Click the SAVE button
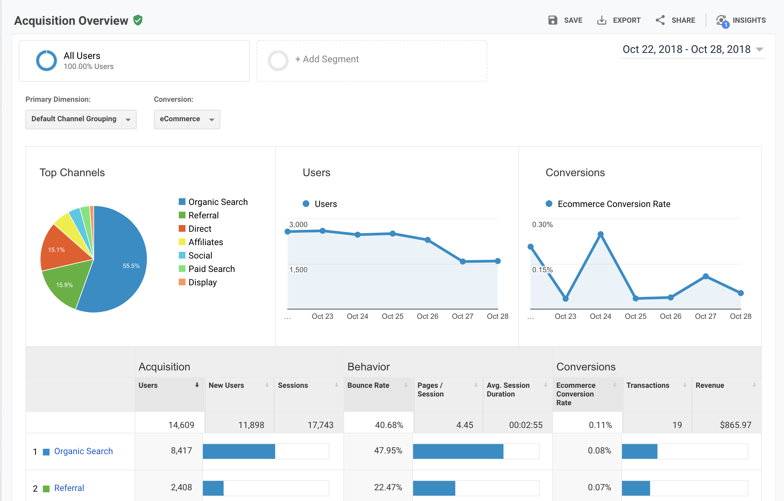click(565, 20)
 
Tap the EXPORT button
click(619, 20)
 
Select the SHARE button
click(675, 20)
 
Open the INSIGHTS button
click(741, 20)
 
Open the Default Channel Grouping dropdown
click(81, 119)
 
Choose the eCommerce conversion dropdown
click(187, 119)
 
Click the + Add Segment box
click(372, 61)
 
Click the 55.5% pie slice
click(121, 265)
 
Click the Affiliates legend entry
click(201, 242)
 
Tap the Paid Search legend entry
click(207, 269)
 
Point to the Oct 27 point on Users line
click(463, 261)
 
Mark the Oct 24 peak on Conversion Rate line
click(601, 234)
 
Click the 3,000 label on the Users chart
click(298, 224)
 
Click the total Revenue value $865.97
click(735, 425)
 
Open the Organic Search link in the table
click(83, 451)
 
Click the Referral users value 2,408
click(181, 487)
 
